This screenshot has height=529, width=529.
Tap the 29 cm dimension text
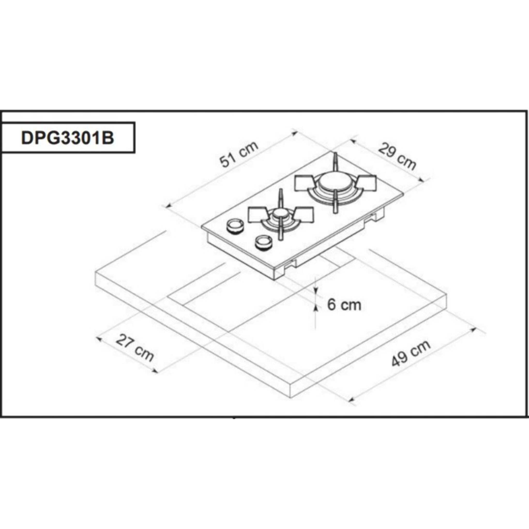coord(397,156)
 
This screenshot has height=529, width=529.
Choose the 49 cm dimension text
coord(411,353)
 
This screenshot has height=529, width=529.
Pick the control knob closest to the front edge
coord(263,242)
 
